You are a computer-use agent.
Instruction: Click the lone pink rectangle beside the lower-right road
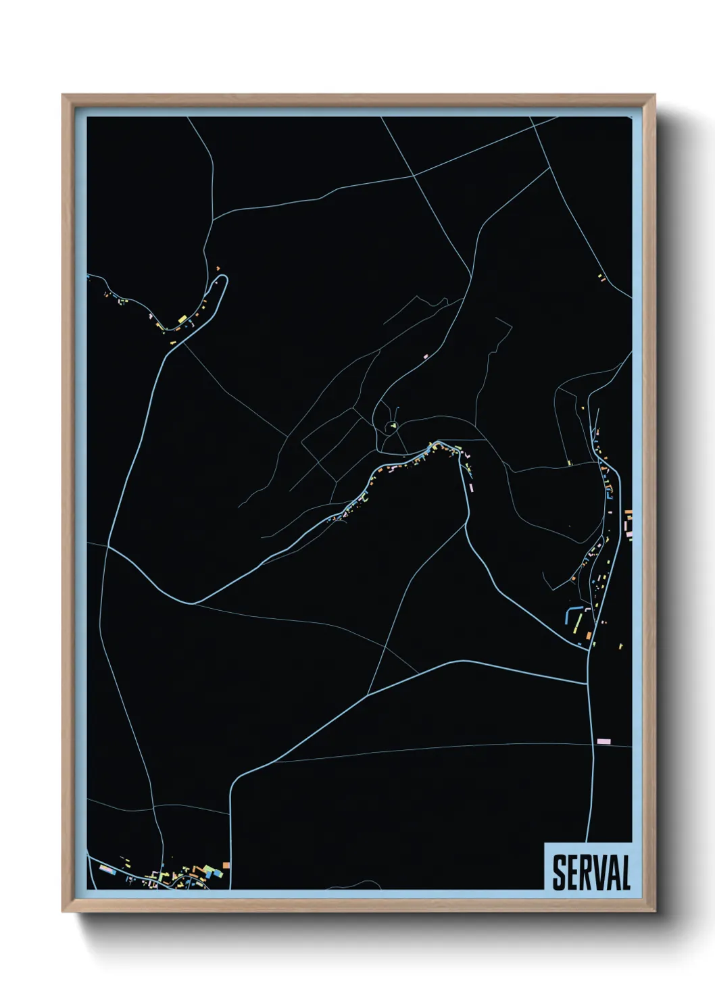[603, 741]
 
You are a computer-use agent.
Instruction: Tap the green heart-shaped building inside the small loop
[392, 426]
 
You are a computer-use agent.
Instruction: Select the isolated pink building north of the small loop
[426, 355]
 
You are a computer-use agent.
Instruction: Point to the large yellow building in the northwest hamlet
[182, 318]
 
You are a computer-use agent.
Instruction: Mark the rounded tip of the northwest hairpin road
[224, 278]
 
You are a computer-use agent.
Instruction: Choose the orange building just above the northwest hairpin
[218, 268]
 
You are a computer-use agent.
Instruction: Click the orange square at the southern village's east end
[226, 865]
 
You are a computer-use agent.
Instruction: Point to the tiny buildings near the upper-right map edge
[601, 277]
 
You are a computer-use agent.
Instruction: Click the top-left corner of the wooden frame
[63, 95]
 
